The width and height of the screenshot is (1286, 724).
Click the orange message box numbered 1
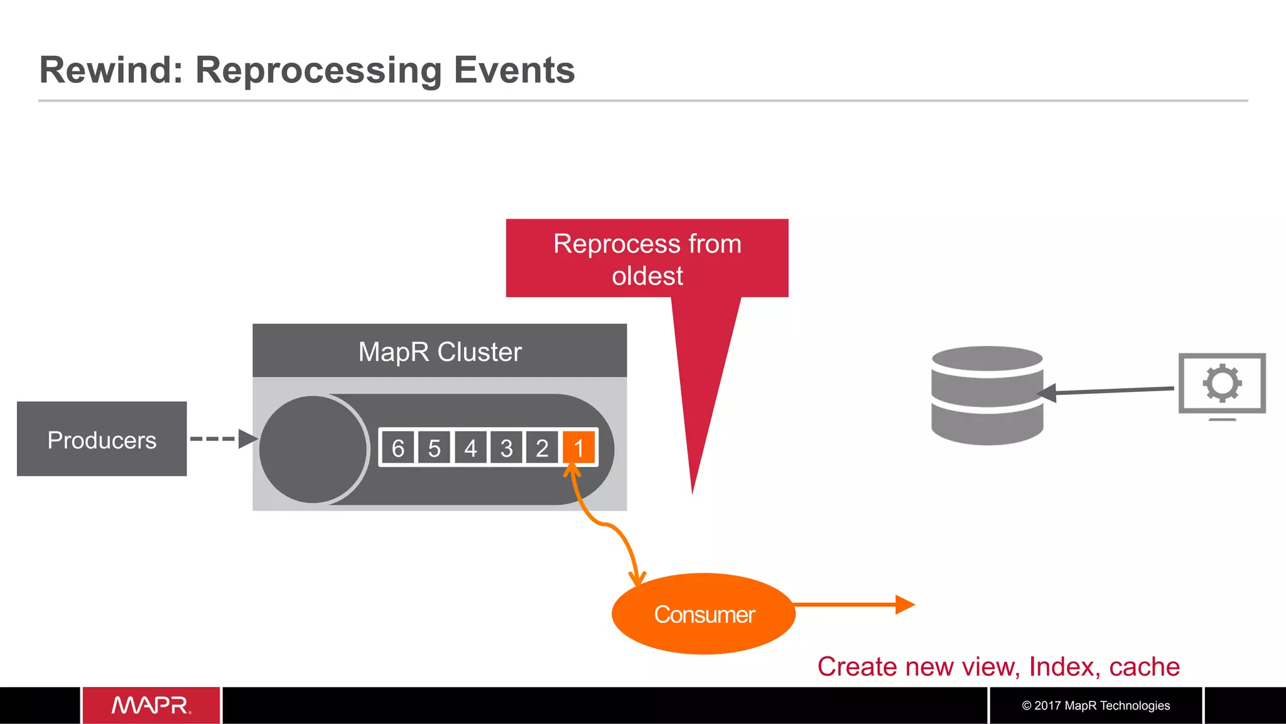point(579,448)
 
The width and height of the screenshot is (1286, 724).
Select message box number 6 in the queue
point(397,448)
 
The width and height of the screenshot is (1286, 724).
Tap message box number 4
point(470,448)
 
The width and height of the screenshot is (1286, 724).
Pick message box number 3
point(506,448)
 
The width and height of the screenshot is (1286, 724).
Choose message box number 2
point(542,448)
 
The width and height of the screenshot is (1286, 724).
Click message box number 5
point(434,448)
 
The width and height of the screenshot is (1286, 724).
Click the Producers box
point(102,439)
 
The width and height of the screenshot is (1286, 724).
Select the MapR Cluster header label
point(440,351)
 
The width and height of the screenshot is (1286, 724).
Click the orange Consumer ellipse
point(703,613)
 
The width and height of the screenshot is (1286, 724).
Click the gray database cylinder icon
point(986,396)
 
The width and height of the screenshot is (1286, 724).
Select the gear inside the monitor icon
point(1222,382)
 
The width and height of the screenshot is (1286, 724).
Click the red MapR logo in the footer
point(151,705)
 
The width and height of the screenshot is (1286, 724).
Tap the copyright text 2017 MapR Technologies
point(1096,705)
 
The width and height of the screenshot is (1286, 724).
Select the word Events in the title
point(514,70)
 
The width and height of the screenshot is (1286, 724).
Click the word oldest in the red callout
point(647,276)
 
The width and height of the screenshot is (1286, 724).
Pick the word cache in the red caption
point(1144,666)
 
